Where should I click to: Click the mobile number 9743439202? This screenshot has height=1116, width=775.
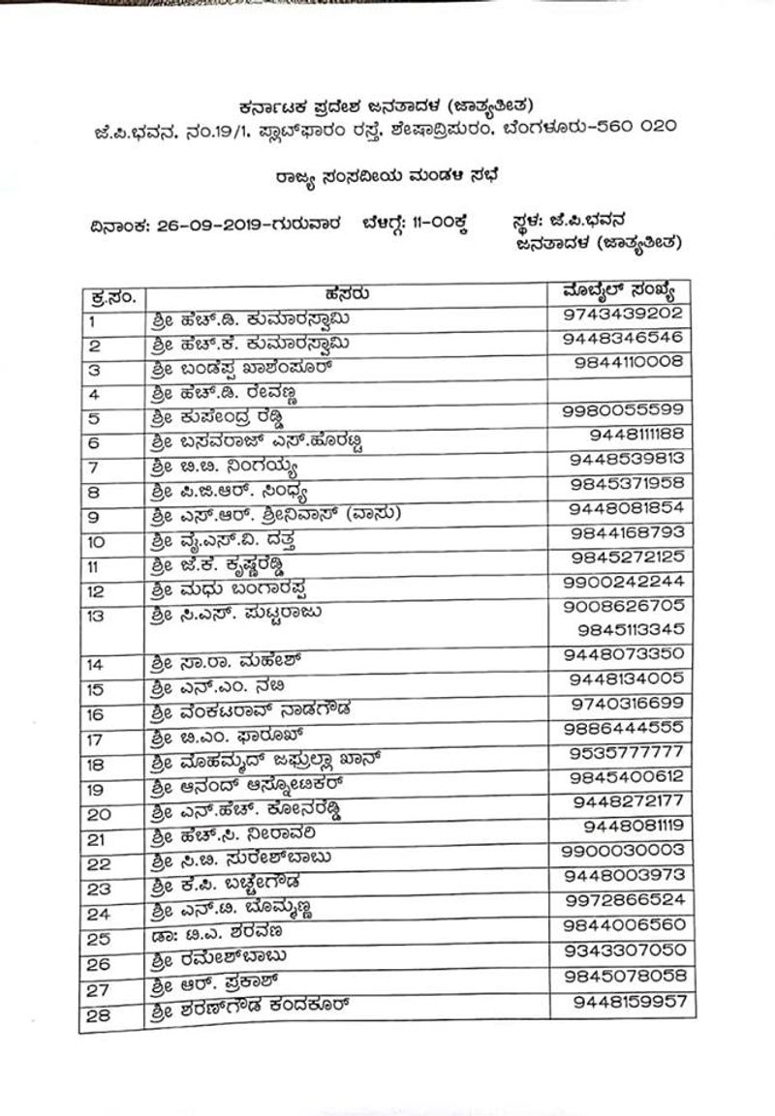[624, 314]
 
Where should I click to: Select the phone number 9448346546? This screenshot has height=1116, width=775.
[624, 338]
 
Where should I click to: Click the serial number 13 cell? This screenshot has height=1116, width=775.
[100, 614]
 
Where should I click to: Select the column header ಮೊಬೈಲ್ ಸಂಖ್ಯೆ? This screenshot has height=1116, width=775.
[625, 290]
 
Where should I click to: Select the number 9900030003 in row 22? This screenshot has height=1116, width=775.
[624, 851]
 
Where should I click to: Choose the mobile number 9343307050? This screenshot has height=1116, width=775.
[624, 950]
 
